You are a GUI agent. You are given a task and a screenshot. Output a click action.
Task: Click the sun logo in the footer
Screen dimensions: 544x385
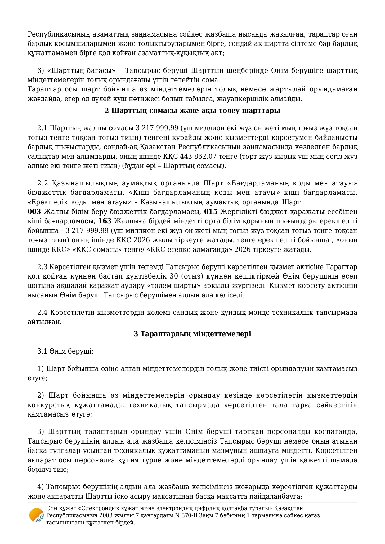click(36, 515)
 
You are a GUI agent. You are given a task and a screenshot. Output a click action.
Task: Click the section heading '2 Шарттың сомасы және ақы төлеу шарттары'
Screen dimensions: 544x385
click(192, 111)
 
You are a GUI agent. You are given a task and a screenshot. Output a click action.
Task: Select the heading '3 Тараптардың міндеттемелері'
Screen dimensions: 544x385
click(192, 334)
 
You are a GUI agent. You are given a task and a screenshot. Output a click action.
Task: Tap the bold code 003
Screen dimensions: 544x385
click(34, 212)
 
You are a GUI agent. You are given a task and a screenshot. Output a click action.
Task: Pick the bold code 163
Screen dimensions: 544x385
click(105, 221)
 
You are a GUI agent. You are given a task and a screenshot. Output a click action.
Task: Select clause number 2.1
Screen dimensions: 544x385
click(42, 128)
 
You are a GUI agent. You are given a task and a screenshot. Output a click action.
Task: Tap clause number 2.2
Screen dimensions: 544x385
click(42, 183)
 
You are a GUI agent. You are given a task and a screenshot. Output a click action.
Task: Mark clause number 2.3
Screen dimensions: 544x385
click(42, 267)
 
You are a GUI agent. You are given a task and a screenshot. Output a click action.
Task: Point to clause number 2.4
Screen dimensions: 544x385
click(42, 312)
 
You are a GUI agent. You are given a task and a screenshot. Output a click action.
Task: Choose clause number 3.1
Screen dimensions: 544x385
click(42, 351)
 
